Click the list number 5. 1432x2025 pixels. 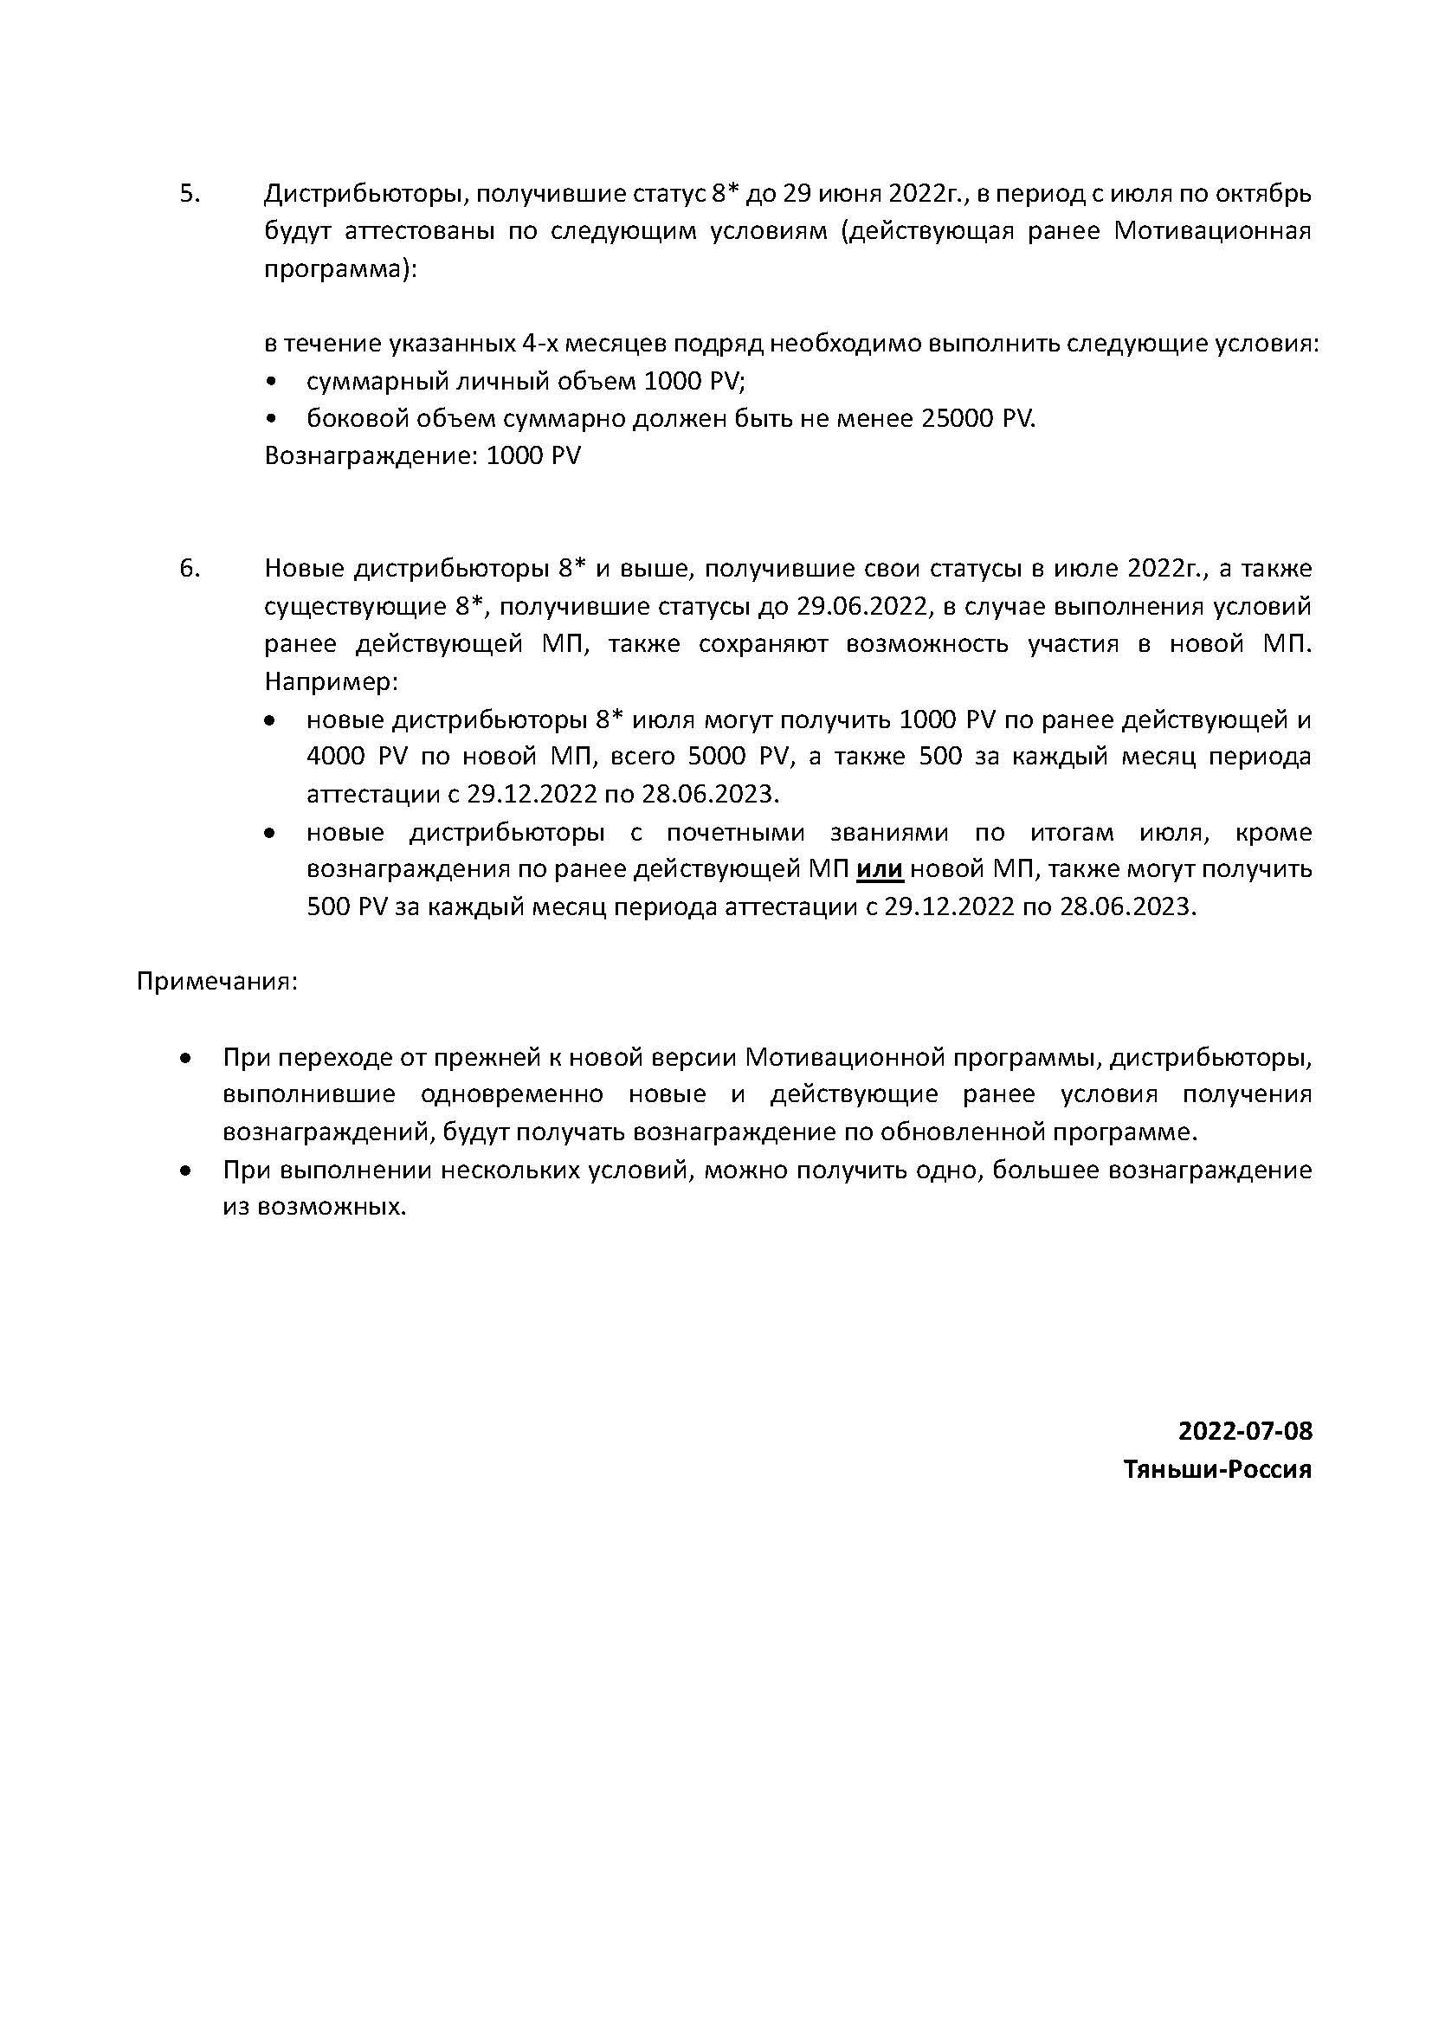click(x=190, y=194)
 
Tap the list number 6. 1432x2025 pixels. click(x=190, y=569)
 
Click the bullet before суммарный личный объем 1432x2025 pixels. click(x=271, y=382)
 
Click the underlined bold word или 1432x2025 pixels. click(x=880, y=869)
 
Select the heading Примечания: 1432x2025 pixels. click(x=217, y=982)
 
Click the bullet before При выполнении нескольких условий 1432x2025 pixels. click(x=185, y=1171)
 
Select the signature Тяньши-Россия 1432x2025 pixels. click(x=1218, y=1469)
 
